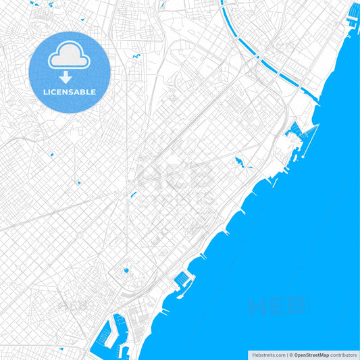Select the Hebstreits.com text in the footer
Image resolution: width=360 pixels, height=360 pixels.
coord(268,355)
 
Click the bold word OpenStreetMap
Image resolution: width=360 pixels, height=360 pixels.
coord(311,355)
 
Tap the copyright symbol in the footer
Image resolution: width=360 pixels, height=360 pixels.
coord(291,355)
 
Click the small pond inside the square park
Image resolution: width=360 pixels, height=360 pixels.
coord(126,272)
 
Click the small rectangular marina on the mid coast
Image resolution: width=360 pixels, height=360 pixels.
coord(182,280)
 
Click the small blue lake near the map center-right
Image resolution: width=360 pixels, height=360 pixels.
coord(239,162)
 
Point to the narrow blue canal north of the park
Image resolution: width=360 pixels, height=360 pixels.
coord(133,195)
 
